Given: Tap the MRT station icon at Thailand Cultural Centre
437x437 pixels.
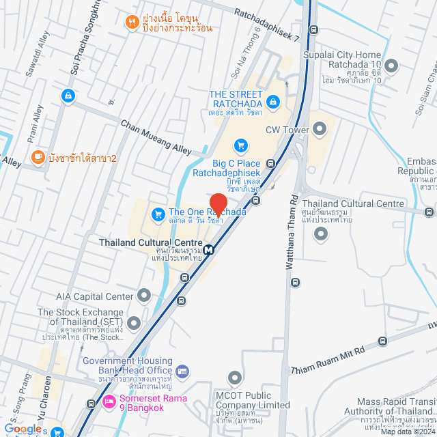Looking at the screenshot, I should click(x=209, y=249).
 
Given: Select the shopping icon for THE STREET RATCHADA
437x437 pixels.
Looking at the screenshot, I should click(x=273, y=102).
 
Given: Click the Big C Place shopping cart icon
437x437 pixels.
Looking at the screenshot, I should click(x=240, y=145).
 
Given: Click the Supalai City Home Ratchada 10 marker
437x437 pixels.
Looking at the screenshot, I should click(x=391, y=66).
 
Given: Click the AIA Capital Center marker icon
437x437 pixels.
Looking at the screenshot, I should click(x=143, y=296).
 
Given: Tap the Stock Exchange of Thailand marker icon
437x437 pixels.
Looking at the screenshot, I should click(x=134, y=322).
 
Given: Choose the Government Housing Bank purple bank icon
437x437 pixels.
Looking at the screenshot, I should click(x=182, y=371).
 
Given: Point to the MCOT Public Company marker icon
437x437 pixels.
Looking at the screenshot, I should click(x=235, y=378).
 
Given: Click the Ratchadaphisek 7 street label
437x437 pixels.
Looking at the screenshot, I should click(x=267, y=25).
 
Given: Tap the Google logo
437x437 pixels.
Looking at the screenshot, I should click(x=23, y=428).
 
